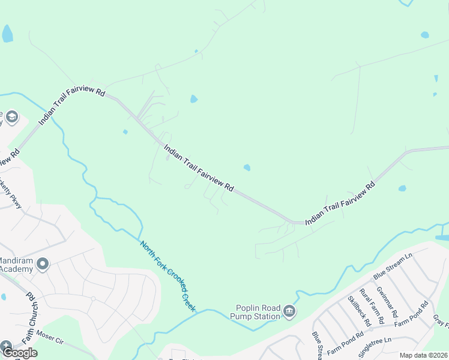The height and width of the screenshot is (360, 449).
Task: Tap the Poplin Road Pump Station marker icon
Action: [290, 310]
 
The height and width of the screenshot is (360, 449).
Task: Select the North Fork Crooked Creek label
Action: [168, 275]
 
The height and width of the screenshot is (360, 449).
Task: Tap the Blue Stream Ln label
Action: [393, 266]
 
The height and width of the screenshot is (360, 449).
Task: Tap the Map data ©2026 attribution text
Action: [423, 355]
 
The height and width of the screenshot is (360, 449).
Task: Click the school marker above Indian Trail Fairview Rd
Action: [11, 116]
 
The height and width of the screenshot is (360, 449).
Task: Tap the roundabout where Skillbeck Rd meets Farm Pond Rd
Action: [371, 329]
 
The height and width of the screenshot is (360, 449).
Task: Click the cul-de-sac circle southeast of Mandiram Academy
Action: [93, 298]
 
